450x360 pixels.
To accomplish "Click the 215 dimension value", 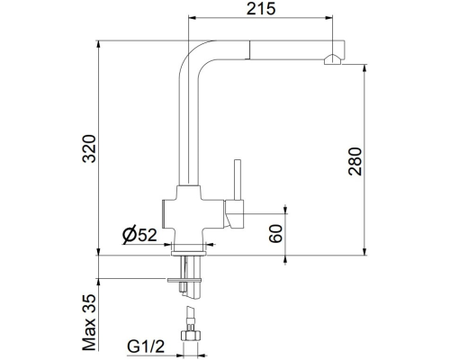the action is click(x=261, y=8).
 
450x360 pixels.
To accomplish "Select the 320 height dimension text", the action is click(x=89, y=148).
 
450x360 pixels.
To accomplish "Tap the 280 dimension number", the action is click(x=355, y=161).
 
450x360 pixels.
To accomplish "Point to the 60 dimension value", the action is click(x=275, y=233).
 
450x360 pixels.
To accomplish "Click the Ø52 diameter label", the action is click(x=139, y=234).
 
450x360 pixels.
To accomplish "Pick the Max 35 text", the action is click(x=89, y=322).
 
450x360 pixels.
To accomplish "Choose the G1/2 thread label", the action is click(x=146, y=346).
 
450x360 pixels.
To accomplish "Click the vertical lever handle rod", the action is click(x=238, y=180).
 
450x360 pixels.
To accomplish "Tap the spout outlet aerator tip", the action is click(x=332, y=59).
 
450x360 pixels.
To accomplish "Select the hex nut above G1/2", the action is click(x=190, y=335).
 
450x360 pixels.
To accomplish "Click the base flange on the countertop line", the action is click(x=188, y=254).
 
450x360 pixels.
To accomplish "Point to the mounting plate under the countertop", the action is click(x=184, y=280).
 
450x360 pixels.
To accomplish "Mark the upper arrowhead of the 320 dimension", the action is click(x=98, y=44).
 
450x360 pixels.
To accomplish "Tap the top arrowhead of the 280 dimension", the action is click(x=364, y=68).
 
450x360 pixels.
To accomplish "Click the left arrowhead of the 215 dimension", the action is click(x=192, y=18).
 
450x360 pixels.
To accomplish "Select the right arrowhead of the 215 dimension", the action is click(x=328, y=18).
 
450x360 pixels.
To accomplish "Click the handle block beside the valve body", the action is click(x=234, y=214).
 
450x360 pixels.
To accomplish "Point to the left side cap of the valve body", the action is click(x=164, y=213).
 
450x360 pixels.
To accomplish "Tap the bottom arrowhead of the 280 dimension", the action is click(x=364, y=252).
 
